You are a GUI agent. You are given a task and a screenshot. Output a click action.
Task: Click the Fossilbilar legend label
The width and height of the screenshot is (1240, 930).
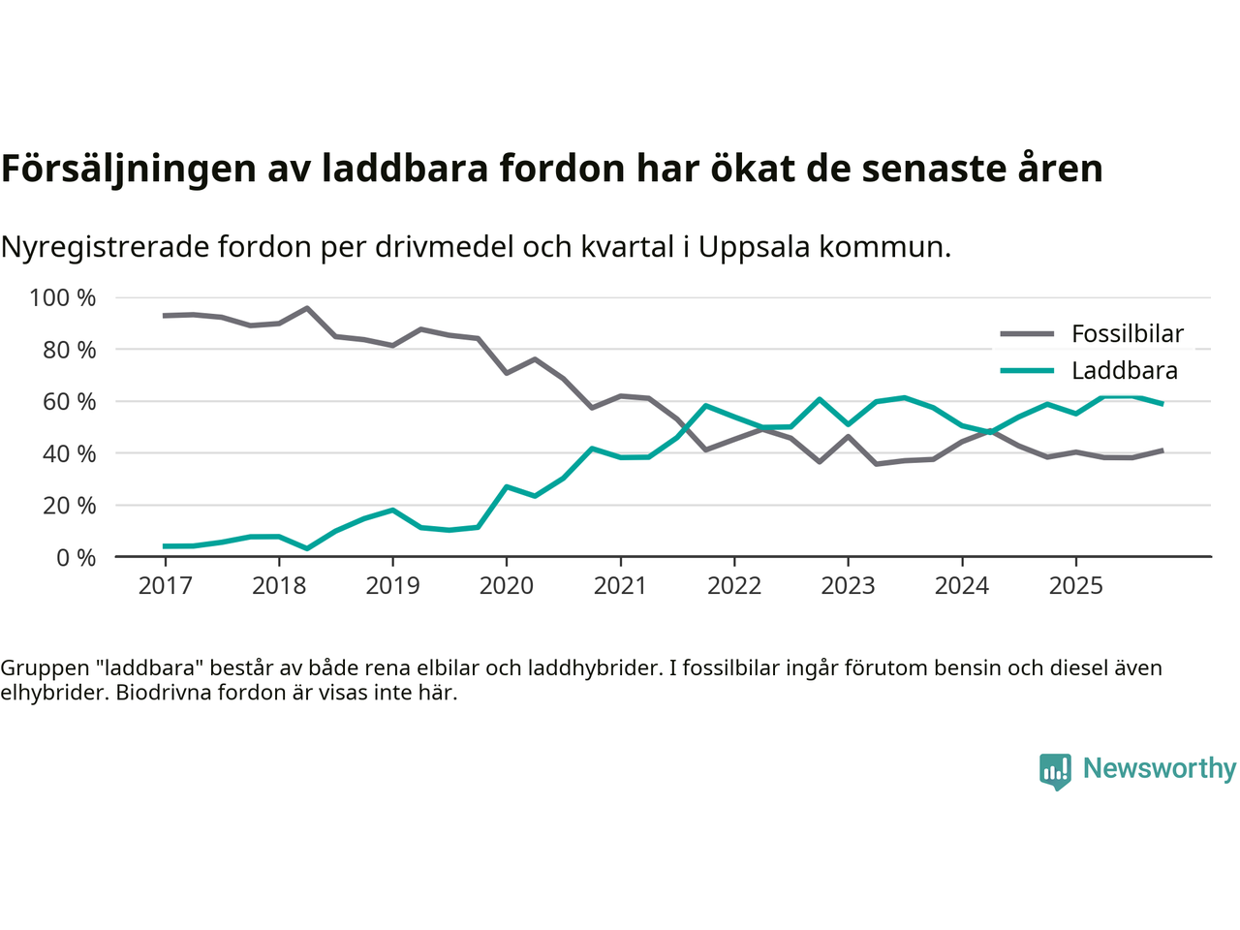(x=1127, y=334)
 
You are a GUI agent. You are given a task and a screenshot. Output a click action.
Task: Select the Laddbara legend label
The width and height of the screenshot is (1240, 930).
(x=1124, y=371)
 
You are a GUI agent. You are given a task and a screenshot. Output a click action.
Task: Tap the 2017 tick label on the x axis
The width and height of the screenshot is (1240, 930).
(x=165, y=586)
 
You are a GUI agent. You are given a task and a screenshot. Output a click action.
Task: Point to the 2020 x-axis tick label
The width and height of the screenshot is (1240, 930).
(x=507, y=586)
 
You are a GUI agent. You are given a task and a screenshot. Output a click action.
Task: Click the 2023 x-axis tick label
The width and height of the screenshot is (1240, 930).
(x=848, y=586)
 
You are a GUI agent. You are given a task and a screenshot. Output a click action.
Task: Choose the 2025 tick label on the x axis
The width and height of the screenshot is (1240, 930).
(x=1075, y=586)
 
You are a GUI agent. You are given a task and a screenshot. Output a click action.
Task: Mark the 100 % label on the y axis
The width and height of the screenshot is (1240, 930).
(x=63, y=298)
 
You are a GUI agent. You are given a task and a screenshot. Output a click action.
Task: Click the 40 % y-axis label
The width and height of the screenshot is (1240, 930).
(x=69, y=453)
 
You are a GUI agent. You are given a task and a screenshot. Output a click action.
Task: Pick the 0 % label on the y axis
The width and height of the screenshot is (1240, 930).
(x=76, y=558)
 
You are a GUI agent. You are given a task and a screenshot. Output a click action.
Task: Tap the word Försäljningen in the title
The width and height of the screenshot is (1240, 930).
(x=128, y=170)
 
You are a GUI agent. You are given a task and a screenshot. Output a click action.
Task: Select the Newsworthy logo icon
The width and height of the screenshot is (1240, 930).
(x=1055, y=771)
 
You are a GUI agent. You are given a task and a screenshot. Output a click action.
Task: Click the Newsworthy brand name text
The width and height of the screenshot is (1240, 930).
(x=1159, y=768)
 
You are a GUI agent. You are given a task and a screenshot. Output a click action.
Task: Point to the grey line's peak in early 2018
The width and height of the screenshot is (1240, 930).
(x=307, y=308)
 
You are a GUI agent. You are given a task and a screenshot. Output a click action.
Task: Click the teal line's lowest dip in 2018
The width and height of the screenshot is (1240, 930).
(x=307, y=548)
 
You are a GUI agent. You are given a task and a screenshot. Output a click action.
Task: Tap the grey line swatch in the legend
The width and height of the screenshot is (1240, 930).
(x=1026, y=334)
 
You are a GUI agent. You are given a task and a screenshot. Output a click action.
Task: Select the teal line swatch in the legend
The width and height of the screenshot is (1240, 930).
(x=1026, y=371)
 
